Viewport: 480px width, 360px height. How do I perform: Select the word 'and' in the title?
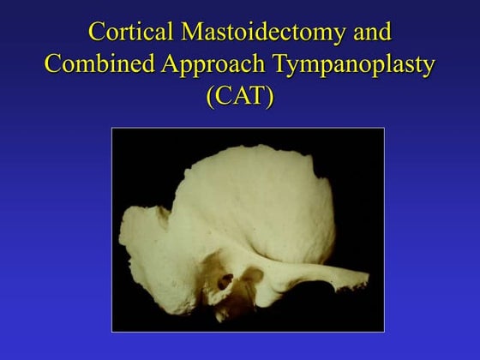point(371,33)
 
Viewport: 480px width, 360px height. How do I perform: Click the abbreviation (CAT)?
point(239,96)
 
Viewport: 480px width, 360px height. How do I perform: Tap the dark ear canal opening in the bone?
point(226,280)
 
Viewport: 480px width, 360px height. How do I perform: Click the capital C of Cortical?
point(97,33)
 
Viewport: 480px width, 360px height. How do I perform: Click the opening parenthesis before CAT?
point(210,96)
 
